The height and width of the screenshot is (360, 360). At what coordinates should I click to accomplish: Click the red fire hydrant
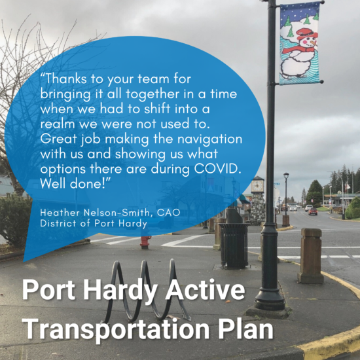coord(145,242)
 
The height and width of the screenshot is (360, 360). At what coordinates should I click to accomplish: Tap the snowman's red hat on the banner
coord(306,34)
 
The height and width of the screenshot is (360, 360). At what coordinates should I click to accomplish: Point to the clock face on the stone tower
coord(257,186)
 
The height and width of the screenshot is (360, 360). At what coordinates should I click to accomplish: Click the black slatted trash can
coord(234,245)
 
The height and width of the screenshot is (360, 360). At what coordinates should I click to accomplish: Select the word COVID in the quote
coord(217,169)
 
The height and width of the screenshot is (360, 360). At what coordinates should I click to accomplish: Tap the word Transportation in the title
coord(115,329)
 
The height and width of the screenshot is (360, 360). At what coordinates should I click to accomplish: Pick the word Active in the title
coord(206,289)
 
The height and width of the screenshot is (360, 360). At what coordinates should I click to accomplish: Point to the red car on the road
coord(313,211)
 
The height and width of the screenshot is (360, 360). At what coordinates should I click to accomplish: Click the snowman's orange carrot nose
coord(314,43)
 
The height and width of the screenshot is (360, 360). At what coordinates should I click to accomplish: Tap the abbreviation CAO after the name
coord(168,213)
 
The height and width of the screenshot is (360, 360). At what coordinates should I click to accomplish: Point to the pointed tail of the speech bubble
coord(24,261)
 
